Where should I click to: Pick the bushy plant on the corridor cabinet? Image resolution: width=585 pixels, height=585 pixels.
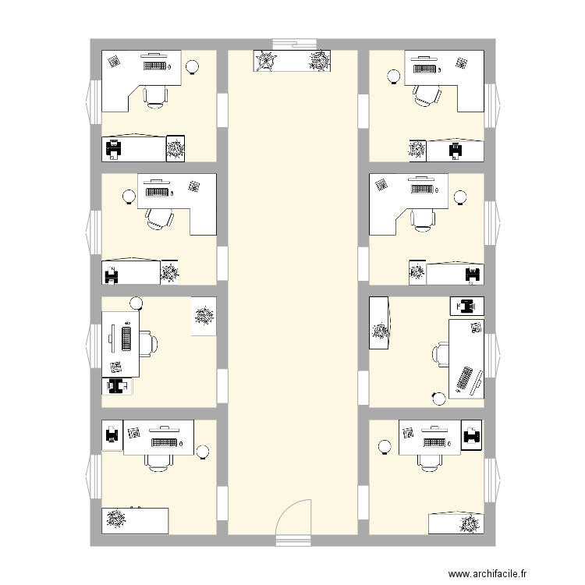coord(319,60)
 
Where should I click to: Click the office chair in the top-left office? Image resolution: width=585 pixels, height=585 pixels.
coord(155,94)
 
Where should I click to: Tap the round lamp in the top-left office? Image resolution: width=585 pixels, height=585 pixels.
coord(191,67)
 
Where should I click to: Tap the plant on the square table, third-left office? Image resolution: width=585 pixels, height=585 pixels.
coord(204,316)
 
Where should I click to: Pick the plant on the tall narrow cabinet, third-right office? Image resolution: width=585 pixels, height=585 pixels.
coord(380,331)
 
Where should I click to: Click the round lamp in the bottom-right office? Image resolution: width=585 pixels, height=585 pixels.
coord(384,447)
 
